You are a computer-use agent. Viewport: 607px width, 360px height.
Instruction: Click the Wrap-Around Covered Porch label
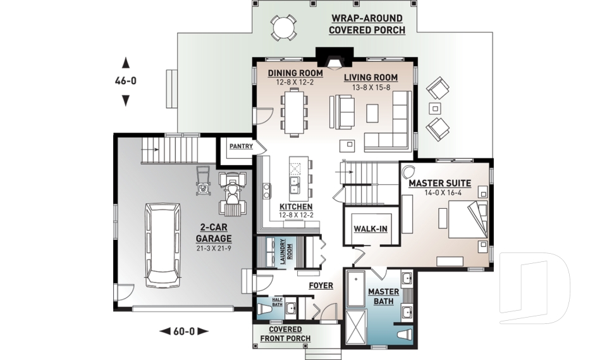tap(366, 25)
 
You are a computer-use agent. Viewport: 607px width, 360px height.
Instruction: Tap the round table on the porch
tap(283, 27)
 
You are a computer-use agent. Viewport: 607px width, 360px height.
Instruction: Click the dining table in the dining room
tap(294, 112)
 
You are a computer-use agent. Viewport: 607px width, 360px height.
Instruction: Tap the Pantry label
tap(241, 146)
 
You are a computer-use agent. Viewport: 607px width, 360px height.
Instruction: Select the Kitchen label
tap(296, 207)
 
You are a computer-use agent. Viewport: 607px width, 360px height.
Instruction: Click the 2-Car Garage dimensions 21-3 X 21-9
tap(213, 248)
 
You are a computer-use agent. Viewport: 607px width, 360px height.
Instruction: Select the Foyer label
tap(321, 286)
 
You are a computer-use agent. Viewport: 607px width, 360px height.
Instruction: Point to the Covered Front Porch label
tap(285, 334)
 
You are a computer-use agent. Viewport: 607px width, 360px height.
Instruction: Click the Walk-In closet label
tap(370, 228)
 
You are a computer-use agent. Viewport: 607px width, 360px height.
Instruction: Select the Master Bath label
tap(384, 296)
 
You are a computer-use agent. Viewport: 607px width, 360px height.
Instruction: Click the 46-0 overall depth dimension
tap(125, 81)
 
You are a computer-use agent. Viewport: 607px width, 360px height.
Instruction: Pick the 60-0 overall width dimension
tap(183, 330)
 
